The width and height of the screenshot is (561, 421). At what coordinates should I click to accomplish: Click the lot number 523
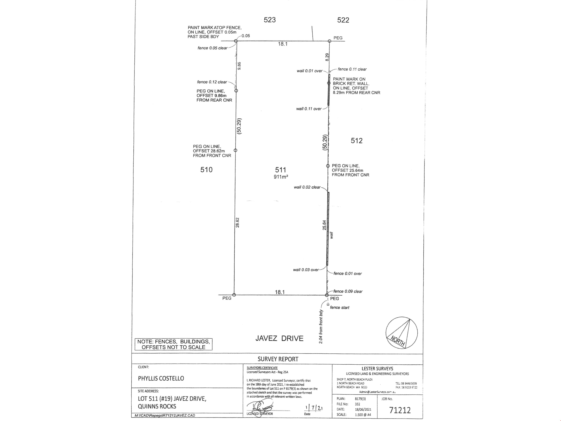(x=270, y=20)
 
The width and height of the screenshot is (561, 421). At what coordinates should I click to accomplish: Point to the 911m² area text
(x=281, y=177)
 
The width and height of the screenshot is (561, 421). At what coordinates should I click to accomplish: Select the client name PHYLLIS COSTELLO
(x=161, y=378)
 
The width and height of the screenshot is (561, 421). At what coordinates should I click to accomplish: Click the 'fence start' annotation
(x=339, y=308)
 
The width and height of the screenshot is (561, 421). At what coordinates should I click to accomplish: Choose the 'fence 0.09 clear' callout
(x=348, y=291)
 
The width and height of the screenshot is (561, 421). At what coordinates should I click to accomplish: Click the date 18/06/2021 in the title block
(x=363, y=409)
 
